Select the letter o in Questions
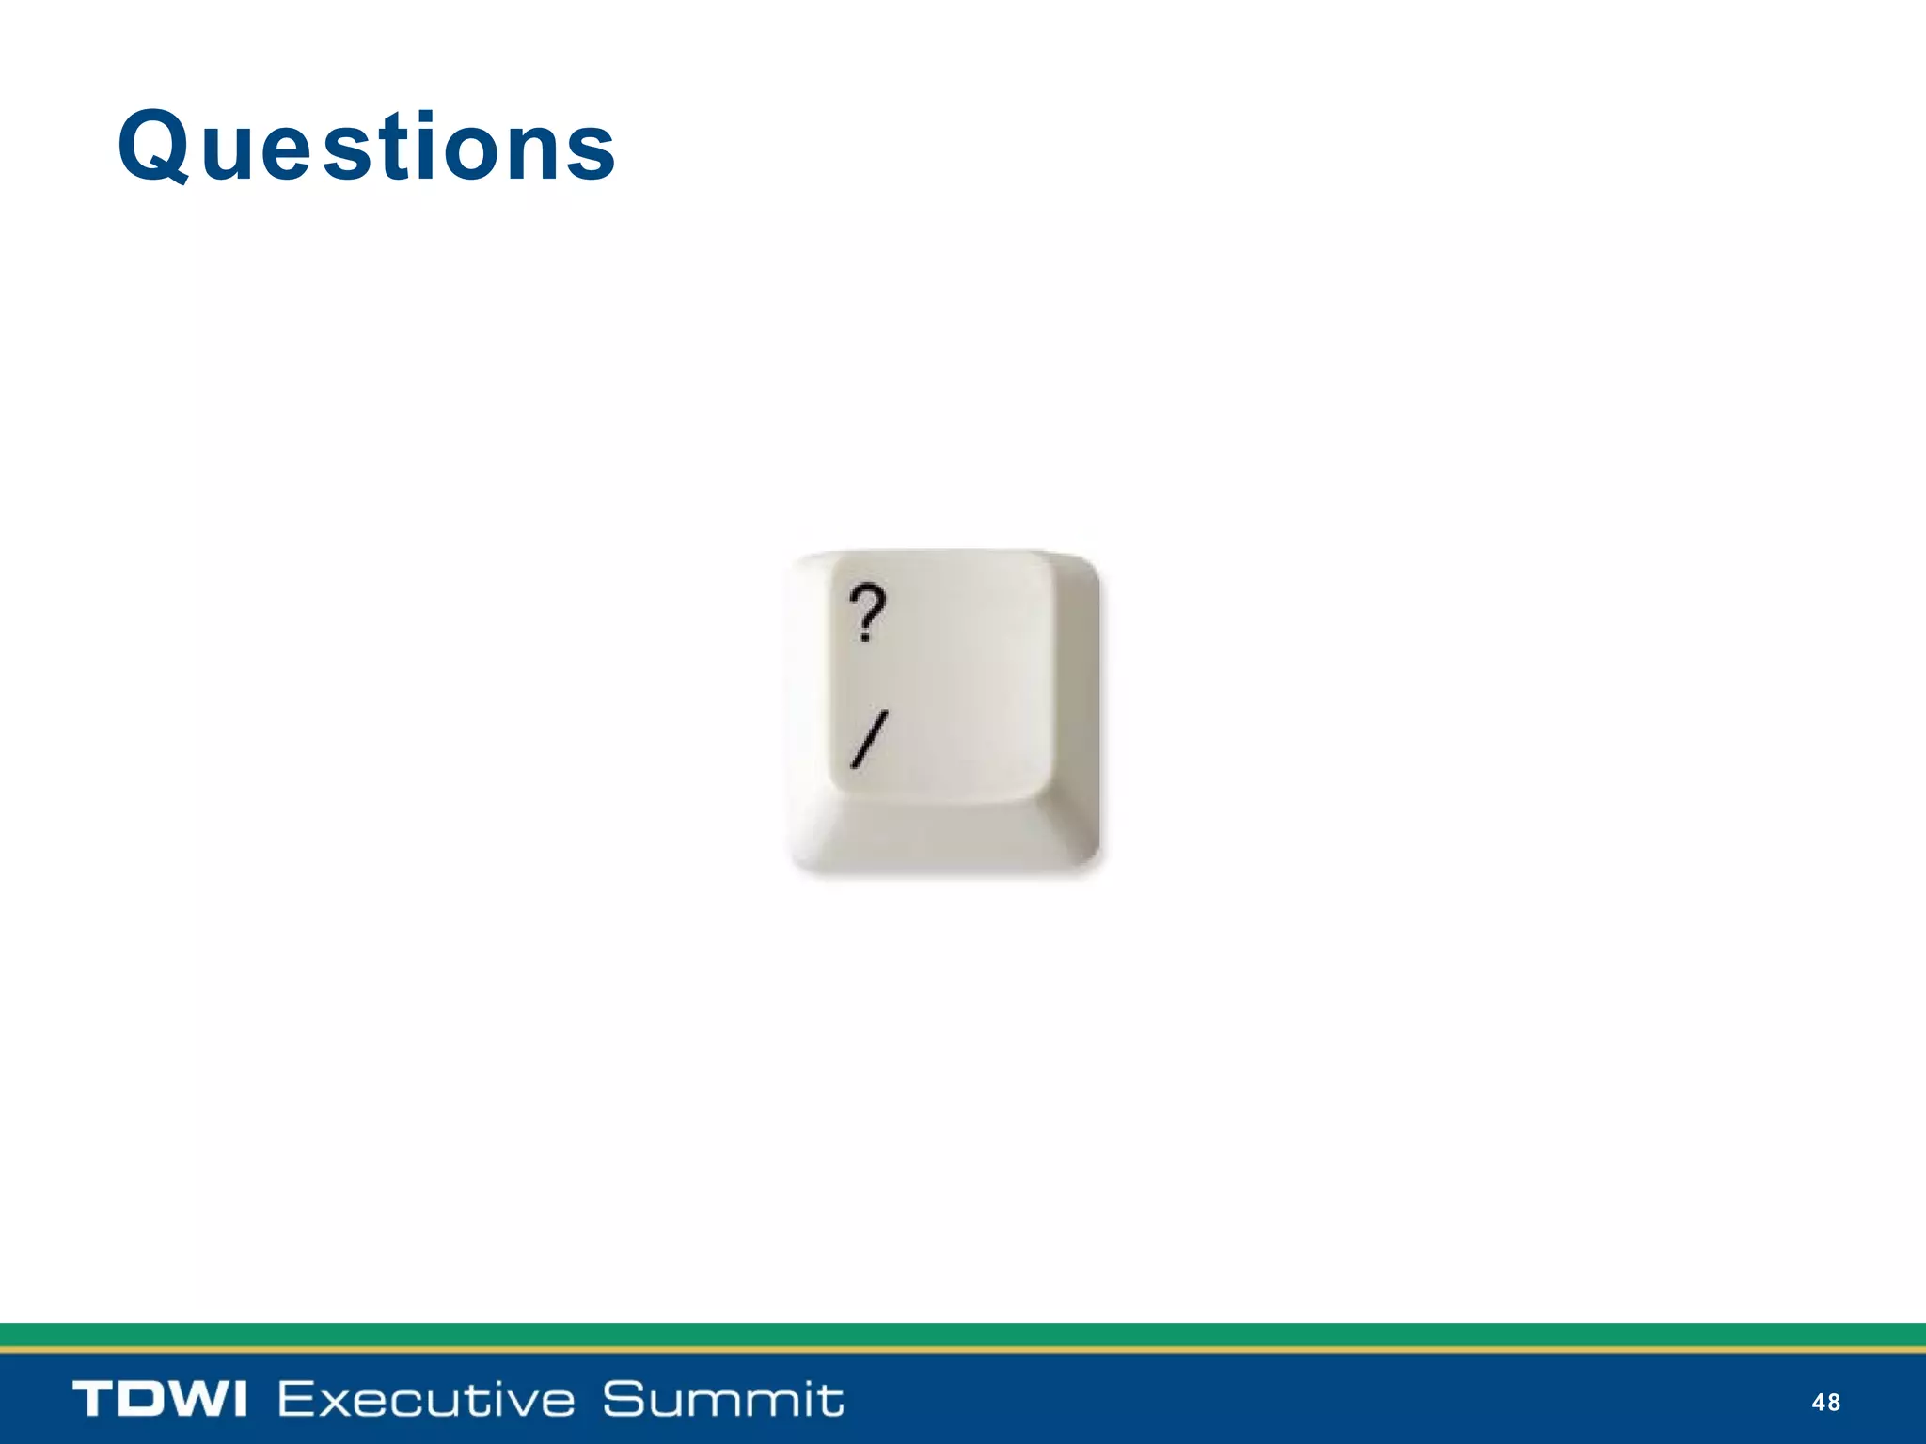(477, 152)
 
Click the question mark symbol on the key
(867, 611)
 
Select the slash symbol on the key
(869, 740)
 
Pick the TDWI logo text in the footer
(160, 1399)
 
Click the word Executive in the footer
(426, 1399)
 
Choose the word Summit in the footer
(722, 1399)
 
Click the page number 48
(1825, 1403)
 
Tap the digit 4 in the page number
(1818, 1403)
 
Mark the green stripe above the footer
(963, 1334)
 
